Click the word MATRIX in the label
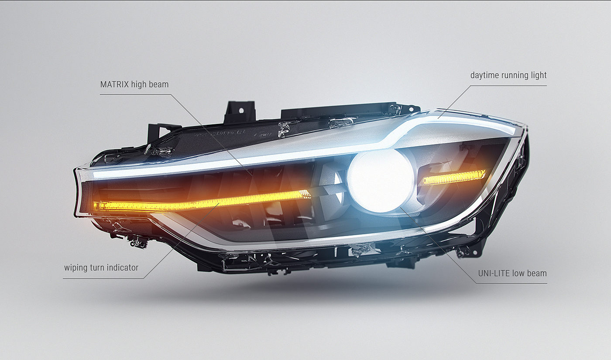(x=114, y=84)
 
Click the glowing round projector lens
(x=380, y=181)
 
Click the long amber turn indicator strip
(x=201, y=202)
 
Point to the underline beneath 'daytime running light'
(x=508, y=86)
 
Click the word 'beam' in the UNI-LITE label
(x=539, y=274)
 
